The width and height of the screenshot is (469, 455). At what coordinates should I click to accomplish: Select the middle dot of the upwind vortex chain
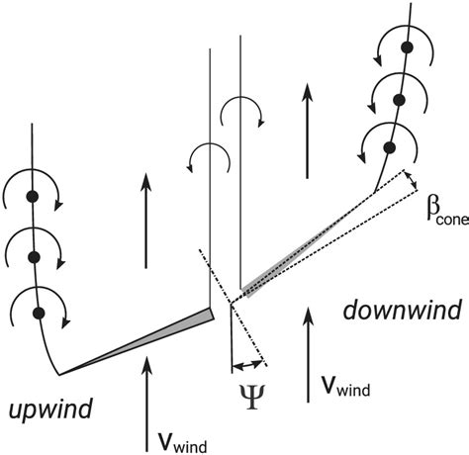[x=33, y=256]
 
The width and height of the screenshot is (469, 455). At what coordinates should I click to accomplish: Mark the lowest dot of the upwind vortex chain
[x=40, y=314]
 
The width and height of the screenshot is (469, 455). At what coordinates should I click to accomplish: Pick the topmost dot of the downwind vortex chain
[x=405, y=47]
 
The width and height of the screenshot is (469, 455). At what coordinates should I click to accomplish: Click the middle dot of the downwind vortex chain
[x=400, y=98]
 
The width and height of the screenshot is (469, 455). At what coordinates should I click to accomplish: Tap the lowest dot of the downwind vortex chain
[x=391, y=148]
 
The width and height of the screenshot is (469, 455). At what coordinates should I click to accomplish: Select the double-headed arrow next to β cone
[x=411, y=185]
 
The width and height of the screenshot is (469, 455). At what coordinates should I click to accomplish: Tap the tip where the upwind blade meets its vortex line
[x=60, y=373]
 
